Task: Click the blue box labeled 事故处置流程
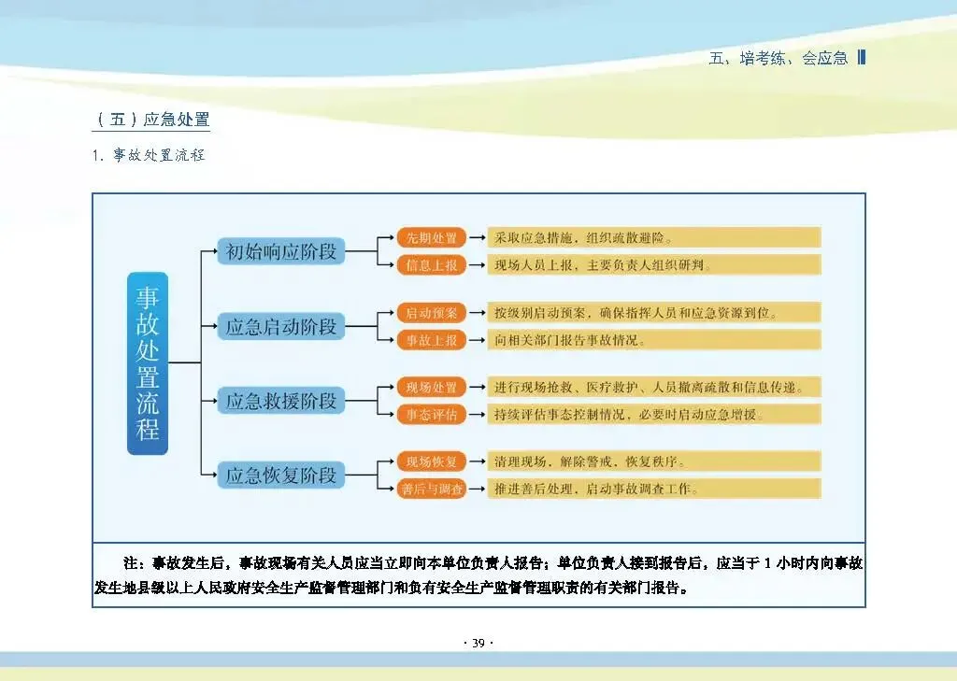click(x=148, y=363)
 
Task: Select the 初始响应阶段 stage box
click(x=281, y=251)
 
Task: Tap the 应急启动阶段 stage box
click(x=281, y=327)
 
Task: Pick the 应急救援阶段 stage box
click(x=281, y=402)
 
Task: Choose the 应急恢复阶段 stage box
click(x=281, y=475)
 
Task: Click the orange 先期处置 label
click(x=431, y=237)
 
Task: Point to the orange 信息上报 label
click(x=431, y=265)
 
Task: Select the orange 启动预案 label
click(x=431, y=313)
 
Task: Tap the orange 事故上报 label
click(x=431, y=341)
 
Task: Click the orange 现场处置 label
click(x=431, y=388)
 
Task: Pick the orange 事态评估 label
click(x=431, y=415)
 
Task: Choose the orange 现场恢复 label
click(x=431, y=461)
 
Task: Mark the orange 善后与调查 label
click(x=431, y=489)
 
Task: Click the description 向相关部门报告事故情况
click(x=570, y=341)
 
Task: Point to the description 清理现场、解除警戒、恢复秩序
click(x=591, y=461)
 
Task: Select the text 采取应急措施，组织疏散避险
click(x=584, y=237)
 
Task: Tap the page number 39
click(x=478, y=643)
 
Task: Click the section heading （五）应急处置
click(x=151, y=120)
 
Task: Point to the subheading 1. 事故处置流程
click(x=148, y=155)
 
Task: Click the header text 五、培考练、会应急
click(x=778, y=58)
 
